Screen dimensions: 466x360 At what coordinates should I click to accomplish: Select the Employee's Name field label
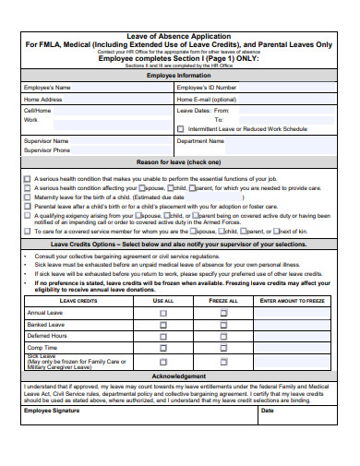(x=47, y=88)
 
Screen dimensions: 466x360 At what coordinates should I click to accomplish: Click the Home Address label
(x=43, y=99)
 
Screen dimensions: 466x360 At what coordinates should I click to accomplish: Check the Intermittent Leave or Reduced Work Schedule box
(x=181, y=129)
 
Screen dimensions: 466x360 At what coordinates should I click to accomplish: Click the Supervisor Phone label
(x=47, y=149)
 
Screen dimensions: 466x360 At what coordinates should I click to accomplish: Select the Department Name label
(x=200, y=141)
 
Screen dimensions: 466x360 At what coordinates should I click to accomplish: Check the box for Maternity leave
(x=27, y=197)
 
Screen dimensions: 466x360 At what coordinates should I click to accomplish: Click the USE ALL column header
(x=163, y=301)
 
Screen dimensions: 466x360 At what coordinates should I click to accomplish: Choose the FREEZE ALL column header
(x=223, y=301)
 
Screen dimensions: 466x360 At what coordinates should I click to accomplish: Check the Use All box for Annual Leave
(x=163, y=313)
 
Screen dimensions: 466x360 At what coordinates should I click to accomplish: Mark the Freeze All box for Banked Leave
(x=223, y=324)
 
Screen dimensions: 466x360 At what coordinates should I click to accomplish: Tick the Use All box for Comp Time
(x=163, y=348)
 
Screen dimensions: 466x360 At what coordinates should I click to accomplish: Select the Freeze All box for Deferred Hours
(x=223, y=336)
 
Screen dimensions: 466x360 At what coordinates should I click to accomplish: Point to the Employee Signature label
(x=53, y=411)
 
